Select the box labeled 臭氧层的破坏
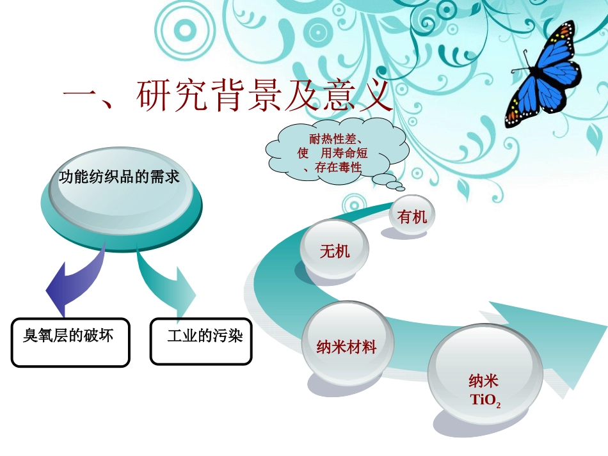70,342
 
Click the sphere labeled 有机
412,216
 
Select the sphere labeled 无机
335,251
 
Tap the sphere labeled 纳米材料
346,347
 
